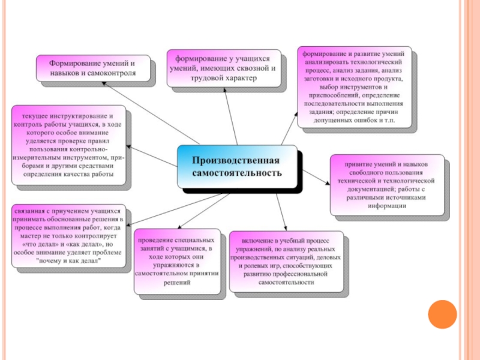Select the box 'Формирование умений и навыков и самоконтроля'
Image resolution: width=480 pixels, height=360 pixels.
92,68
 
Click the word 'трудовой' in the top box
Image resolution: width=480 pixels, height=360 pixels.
206,78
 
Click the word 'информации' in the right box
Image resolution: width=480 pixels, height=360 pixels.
388,205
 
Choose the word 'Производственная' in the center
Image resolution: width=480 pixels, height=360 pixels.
236,161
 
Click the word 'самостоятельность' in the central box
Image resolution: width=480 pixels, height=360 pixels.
236,173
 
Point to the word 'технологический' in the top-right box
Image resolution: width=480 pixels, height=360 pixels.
371,61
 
